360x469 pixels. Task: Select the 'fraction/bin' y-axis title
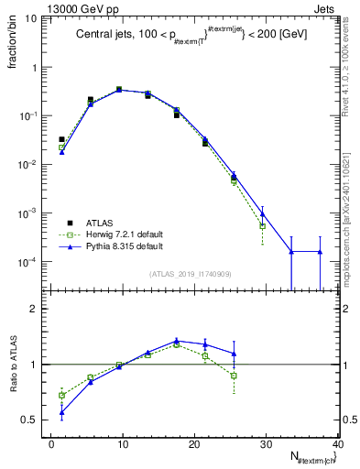pos(20,47)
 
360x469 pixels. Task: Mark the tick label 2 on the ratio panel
pos(38,310)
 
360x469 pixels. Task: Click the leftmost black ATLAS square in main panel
pos(61,140)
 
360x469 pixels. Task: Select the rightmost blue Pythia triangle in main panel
pos(320,251)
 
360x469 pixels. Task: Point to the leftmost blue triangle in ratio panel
pos(61,412)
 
